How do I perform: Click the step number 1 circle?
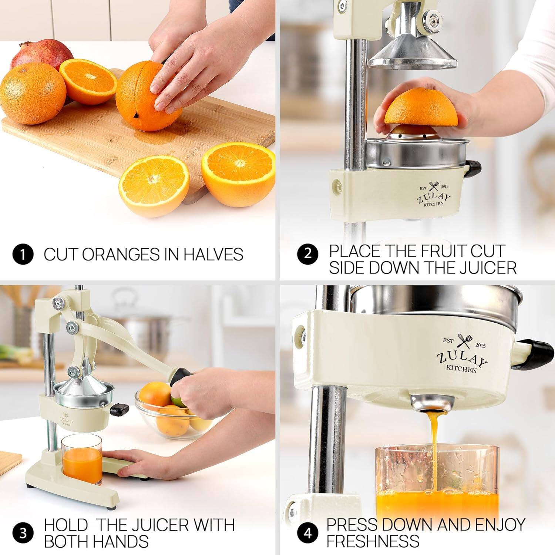click(23, 255)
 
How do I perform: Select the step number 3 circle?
click(23, 533)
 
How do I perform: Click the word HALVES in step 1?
click(213, 255)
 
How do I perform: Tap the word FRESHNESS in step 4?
click(373, 541)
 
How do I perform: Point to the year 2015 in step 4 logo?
click(480, 345)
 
